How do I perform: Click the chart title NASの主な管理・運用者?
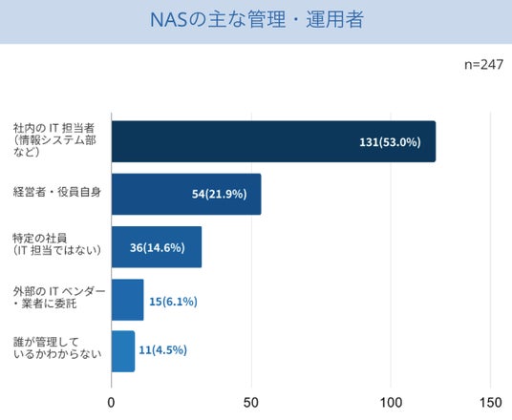(x=257, y=19)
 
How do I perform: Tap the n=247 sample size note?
(x=483, y=65)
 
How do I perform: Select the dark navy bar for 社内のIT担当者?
(x=273, y=141)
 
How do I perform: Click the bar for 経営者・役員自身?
(x=186, y=194)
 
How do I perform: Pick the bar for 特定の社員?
(x=157, y=247)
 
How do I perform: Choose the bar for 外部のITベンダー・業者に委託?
(x=128, y=300)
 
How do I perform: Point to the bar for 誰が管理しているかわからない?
(x=123, y=351)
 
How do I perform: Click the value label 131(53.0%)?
(x=390, y=142)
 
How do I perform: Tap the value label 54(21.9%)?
(x=219, y=194)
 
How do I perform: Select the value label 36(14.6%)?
(x=158, y=247)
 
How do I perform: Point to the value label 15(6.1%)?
(x=173, y=302)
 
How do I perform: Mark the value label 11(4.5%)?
(x=163, y=350)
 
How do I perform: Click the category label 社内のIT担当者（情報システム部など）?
(x=54, y=140)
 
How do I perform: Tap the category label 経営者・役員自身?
(x=57, y=192)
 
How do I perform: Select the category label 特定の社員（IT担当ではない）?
(x=56, y=244)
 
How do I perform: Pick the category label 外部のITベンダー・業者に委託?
(x=59, y=297)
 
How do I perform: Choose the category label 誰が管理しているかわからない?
(x=57, y=347)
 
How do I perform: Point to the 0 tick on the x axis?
(x=111, y=403)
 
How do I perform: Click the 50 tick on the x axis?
(x=251, y=403)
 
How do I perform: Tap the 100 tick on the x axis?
(x=391, y=403)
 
